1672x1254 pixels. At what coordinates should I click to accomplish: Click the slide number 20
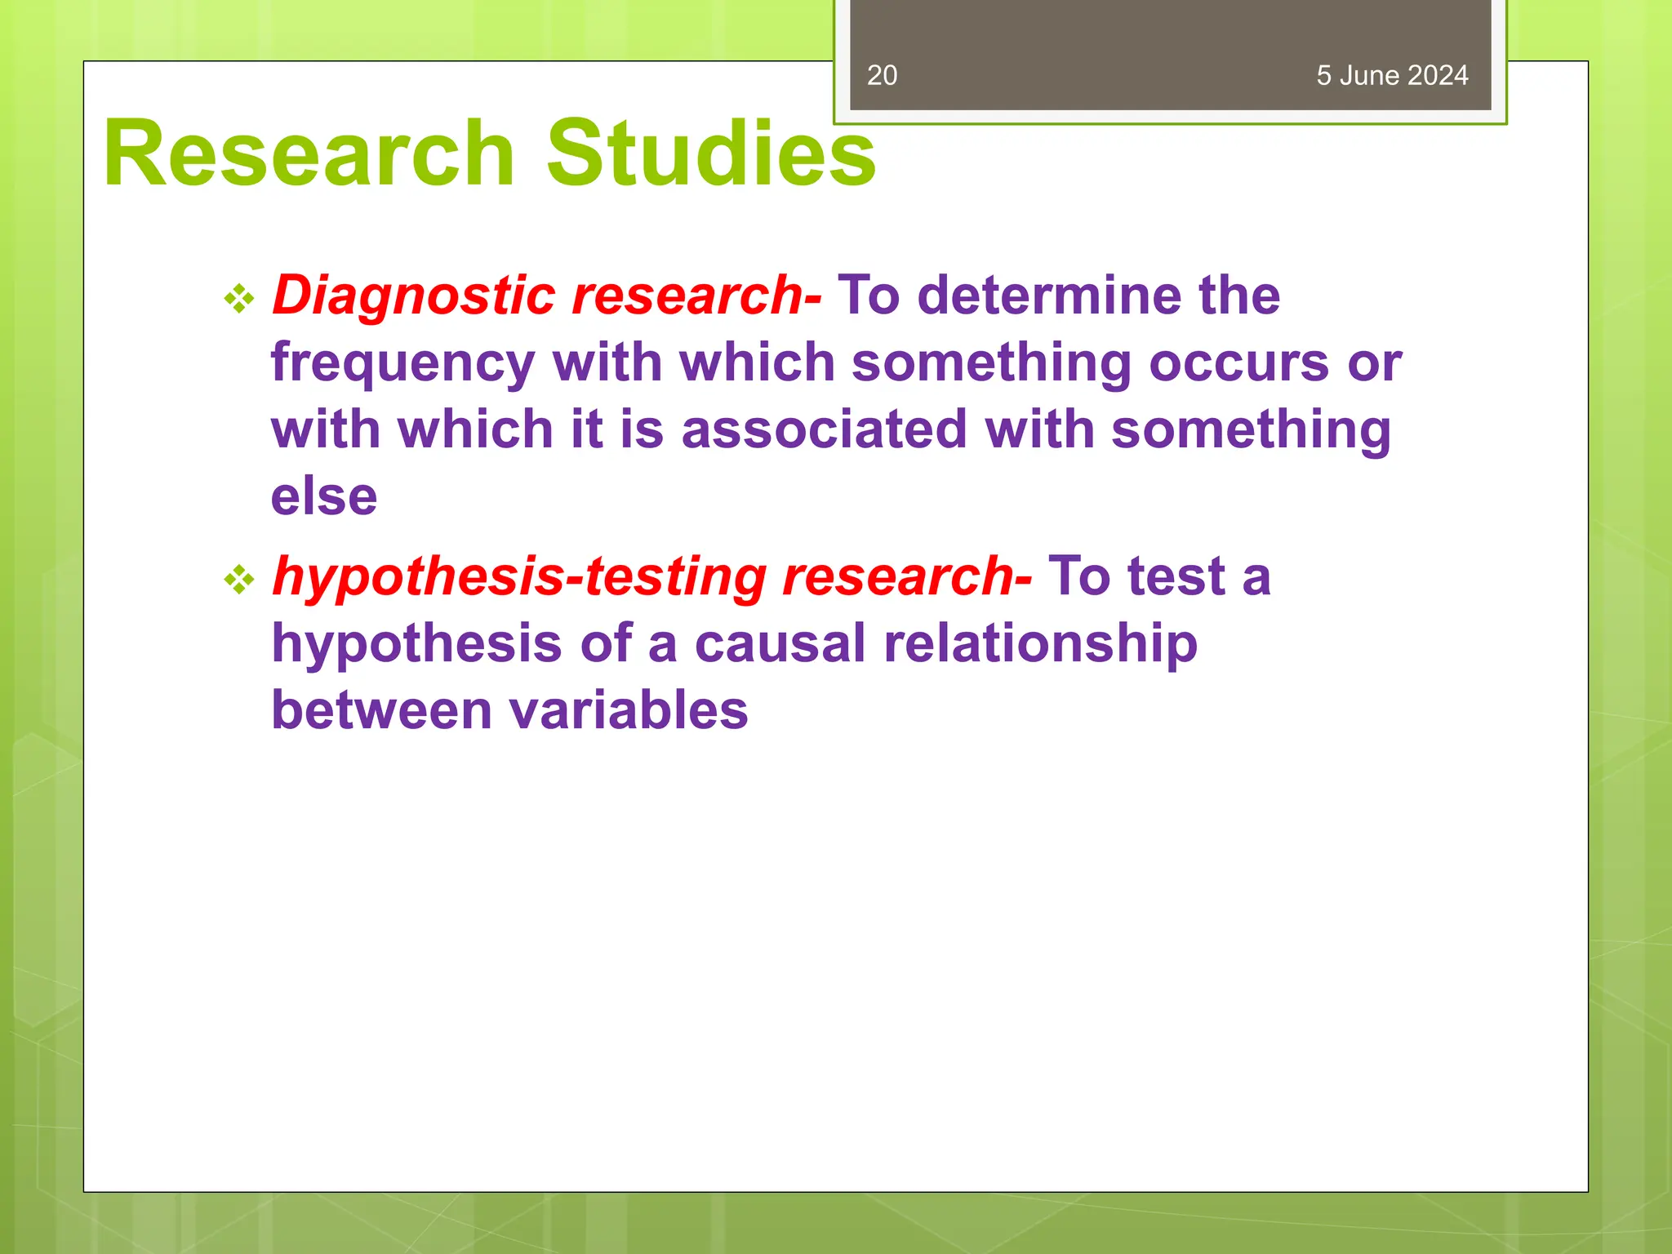(x=882, y=75)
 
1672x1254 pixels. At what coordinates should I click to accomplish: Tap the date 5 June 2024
(x=1391, y=75)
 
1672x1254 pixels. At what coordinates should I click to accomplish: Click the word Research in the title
(x=309, y=153)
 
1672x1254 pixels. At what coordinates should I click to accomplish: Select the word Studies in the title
(x=710, y=153)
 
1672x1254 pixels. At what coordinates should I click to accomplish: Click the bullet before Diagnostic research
(x=239, y=299)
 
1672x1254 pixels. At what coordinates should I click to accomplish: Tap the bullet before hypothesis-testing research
(x=239, y=580)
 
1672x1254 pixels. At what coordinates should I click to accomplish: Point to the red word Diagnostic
(x=413, y=296)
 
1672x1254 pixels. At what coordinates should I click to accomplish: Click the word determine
(x=1048, y=296)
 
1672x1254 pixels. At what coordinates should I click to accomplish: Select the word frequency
(x=403, y=364)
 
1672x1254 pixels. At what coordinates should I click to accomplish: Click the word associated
(x=824, y=429)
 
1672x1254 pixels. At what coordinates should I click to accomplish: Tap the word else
(x=324, y=496)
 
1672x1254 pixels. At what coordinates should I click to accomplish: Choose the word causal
(x=780, y=643)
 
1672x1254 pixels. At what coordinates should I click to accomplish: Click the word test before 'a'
(x=1176, y=576)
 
